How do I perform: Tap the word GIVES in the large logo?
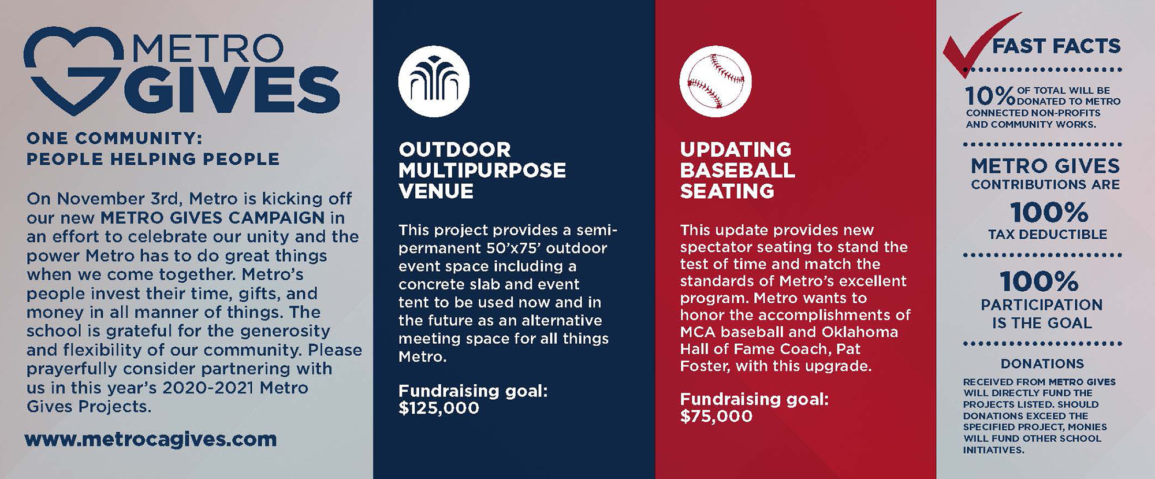[x=230, y=89]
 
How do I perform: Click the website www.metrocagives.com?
[x=151, y=440]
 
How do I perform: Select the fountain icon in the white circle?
[x=434, y=81]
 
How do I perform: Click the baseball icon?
[x=716, y=81]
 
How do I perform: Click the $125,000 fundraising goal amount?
[x=439, y=409]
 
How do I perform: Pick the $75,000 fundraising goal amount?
[x=716, y=417]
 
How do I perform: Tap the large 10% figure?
[x=990, y=96]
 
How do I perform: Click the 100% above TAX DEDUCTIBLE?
[x=1049, y=213]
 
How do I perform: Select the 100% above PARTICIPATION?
[x=1039, y=282]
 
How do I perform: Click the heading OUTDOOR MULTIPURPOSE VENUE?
[x=482, y=170]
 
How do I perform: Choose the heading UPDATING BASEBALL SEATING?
[x=737, y=170]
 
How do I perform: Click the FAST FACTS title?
[x=1057, y=46]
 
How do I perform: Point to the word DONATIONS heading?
[x=1042, y=364]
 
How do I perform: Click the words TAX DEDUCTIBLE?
[x=1048, y=235]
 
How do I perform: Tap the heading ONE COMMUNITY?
[x=114, y=139]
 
